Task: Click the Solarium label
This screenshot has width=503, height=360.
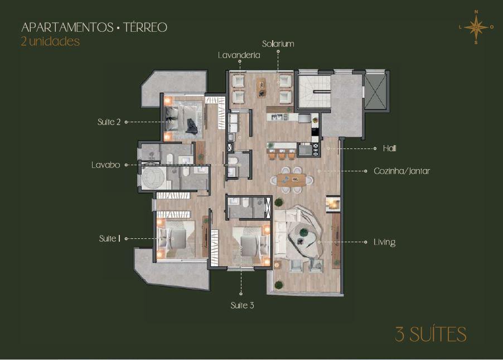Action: (x=278, y=44)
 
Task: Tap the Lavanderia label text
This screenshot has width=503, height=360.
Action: (x=239, y=55)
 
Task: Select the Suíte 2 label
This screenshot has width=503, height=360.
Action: (x=109, y=122)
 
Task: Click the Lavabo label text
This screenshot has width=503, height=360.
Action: (x=106, y=165)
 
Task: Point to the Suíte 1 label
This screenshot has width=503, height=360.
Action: (x=110, y=239)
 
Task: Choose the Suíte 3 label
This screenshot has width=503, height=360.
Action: (x=242, y=305)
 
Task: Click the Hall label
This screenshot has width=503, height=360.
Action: (x=390, y=148)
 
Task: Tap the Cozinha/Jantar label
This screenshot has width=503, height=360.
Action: (x=402, y=171)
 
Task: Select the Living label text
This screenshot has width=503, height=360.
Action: (x=384, y=242)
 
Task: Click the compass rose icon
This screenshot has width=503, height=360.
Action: (x=476, y=27)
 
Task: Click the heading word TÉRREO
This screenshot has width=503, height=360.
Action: (x=146, y=27)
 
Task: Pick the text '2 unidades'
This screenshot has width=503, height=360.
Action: (x=50, y=41)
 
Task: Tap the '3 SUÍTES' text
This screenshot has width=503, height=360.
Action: (x=431, y=334)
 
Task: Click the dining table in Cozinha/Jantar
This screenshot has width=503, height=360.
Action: (x=291, y=180)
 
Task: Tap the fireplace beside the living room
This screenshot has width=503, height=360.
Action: (x=333, y=204)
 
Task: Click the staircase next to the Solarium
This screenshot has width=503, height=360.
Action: (x=315, y=92)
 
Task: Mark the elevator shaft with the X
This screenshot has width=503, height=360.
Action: (x=375, y=91)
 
